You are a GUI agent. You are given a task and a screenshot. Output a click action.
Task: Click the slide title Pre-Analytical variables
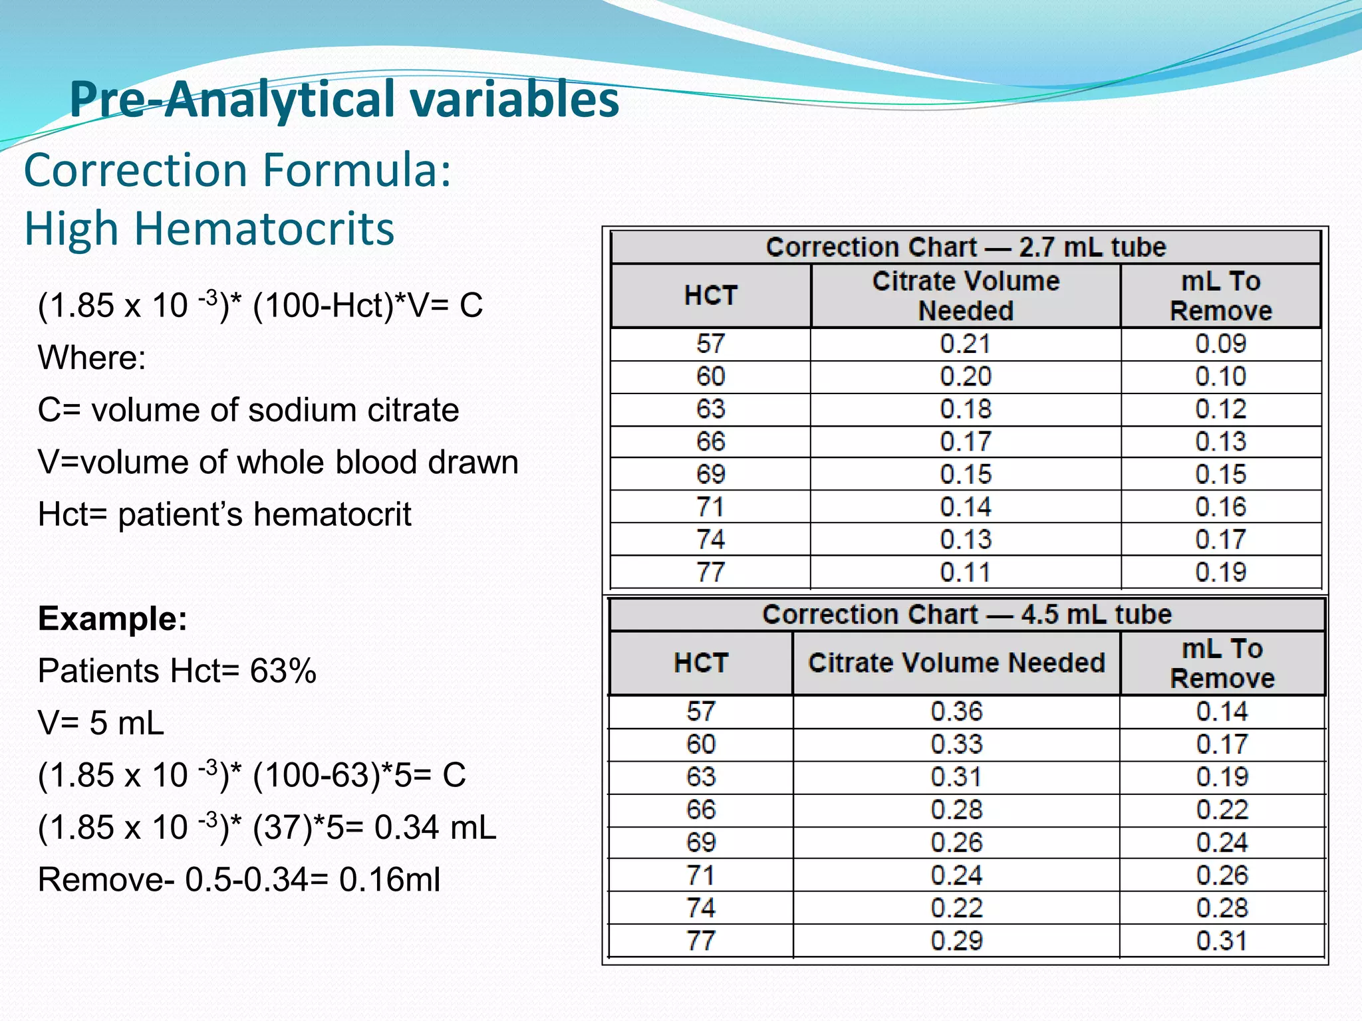coord(344,100)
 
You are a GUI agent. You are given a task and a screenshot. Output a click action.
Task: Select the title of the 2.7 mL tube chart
coord(966,247)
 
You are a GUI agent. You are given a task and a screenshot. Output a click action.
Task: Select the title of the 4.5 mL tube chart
coord(966,614)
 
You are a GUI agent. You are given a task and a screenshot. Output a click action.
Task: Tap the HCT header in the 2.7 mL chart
coord(710,296)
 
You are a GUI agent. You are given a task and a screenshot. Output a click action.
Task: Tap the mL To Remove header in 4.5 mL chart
coord(1222,663)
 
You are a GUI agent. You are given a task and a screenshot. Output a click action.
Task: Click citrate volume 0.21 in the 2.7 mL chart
coord(965,344)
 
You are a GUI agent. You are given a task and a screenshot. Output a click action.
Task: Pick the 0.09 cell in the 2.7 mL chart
coord(1220,344)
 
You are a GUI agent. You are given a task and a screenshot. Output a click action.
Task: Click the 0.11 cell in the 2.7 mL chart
coord(965,572)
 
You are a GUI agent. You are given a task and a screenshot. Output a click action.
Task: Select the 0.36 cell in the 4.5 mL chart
coord(956,712)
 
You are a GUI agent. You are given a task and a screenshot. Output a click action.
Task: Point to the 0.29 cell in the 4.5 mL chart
coord(956,941)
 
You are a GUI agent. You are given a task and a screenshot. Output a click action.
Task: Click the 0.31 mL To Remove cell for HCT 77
coord(1222,941)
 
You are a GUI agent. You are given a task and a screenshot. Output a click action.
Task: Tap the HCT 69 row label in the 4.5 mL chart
coord(701,843)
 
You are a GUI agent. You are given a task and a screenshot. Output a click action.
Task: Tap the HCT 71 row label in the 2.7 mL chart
coord(710,507)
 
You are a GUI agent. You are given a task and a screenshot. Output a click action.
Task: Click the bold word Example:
coord(112,619)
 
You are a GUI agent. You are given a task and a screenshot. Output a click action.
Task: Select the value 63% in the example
coord(283,671)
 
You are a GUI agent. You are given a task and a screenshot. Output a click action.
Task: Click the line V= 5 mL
coord(100,723)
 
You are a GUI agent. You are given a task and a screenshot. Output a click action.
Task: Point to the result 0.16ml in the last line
coord(390,879)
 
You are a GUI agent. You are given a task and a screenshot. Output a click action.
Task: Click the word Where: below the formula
coord(92,358)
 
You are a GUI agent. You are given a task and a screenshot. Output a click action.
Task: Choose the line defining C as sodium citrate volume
coord(248,410)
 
